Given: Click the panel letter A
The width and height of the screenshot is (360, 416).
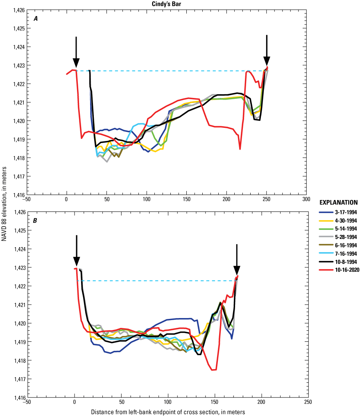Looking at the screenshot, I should pyautogui.click(x=36, y=18).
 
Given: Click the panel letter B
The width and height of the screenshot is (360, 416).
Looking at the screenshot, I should pyautogui.click(x=36, y=221).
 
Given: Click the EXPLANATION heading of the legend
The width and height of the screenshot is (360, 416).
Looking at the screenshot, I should pyautogui.click(x=338, y=202).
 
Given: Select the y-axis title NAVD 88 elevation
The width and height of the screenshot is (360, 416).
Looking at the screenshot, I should pyautogui.click(x=4, y=205).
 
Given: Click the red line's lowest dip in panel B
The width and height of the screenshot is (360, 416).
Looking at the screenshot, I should pyautogui.click(x=213, y=370).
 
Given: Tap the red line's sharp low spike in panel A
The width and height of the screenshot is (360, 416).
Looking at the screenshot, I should pyautogui.click(x=240, y=149).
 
